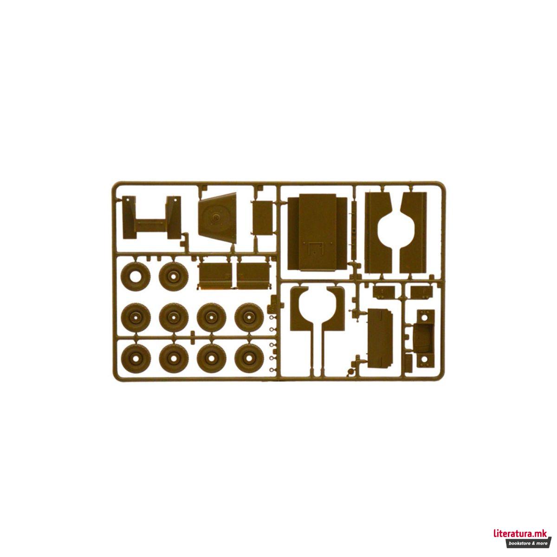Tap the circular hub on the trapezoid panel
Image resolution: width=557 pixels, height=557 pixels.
coord(215,217)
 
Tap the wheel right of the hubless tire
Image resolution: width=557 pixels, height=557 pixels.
coord(174,277)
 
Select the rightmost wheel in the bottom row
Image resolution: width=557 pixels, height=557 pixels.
coord(249,358)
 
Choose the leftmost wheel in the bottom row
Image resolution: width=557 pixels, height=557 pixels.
coord(136,358)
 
